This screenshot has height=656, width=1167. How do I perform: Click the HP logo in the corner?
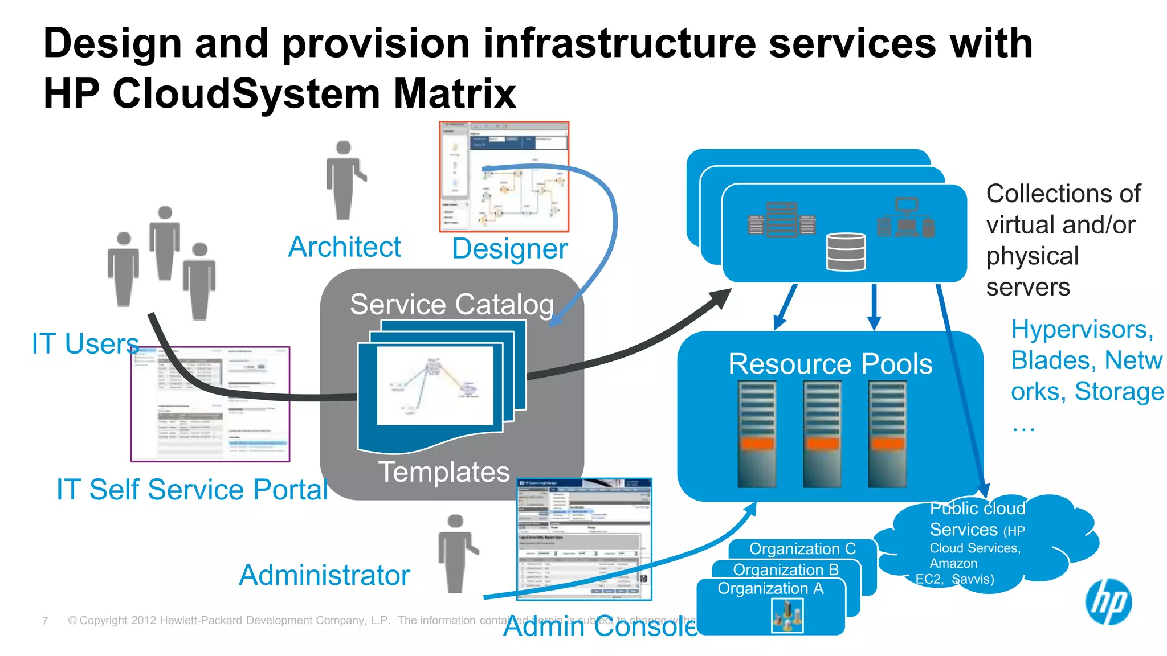coord(1108,602)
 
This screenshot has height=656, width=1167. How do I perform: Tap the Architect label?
coord(345,247)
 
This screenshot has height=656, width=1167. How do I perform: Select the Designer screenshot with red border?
coord(504,177)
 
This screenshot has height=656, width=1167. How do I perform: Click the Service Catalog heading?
coord(451,304)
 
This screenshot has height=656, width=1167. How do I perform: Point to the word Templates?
coord(444,472)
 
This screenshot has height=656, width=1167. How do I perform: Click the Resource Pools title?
coord(830,364)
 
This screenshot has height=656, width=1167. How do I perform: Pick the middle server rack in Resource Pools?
coord(822,434)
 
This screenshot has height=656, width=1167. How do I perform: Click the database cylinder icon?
coord(846,252)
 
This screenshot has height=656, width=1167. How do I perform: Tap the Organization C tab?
coord(802,548)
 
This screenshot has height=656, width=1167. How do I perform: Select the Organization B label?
coord(785,569)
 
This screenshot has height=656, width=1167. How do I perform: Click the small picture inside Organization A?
coord(787,616)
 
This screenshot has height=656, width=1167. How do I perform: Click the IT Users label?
coord(85,344)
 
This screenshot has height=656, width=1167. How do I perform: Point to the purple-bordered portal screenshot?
coord(210,404)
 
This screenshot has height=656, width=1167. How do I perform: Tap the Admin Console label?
coord(600,627)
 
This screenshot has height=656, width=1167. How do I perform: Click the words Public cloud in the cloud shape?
coord(977,508)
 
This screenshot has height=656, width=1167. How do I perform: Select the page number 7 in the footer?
coord(45,621)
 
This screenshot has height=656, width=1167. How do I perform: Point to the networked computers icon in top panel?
coord(906,218)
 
